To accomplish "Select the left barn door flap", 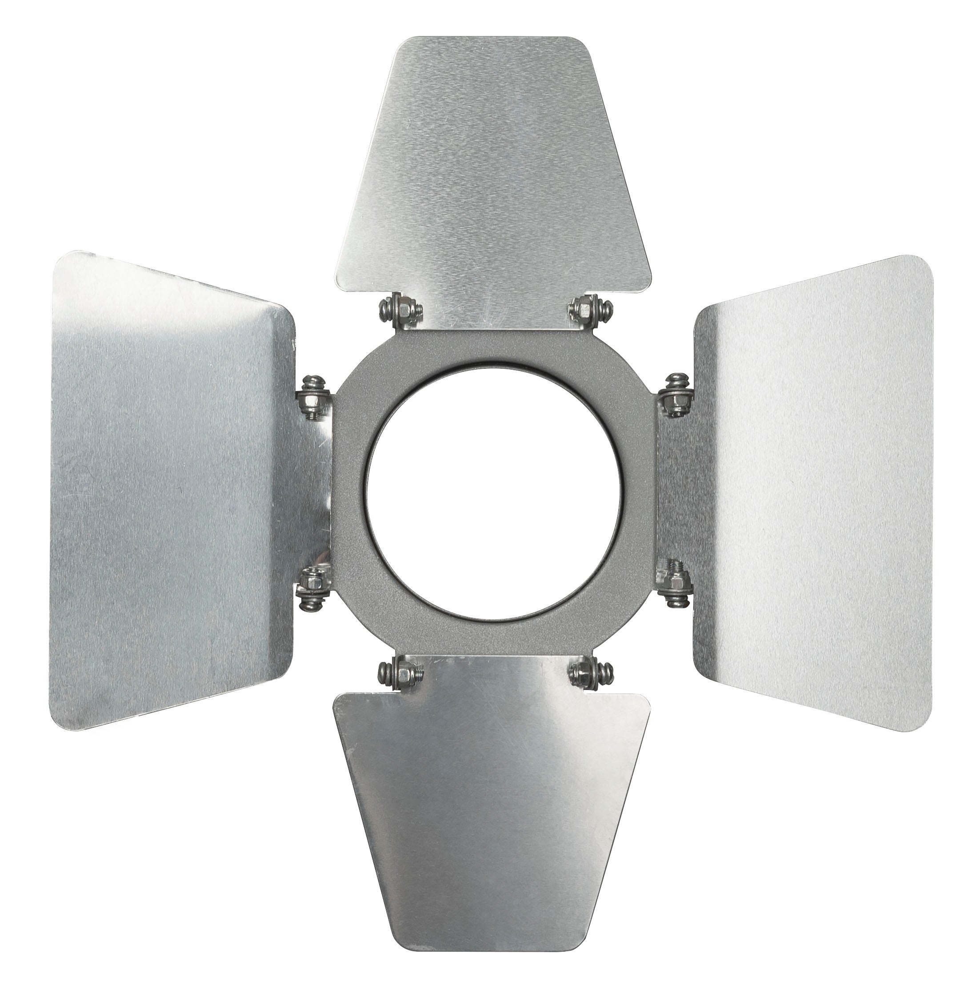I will coord(174,491).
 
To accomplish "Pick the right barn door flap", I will coord(809,491).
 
